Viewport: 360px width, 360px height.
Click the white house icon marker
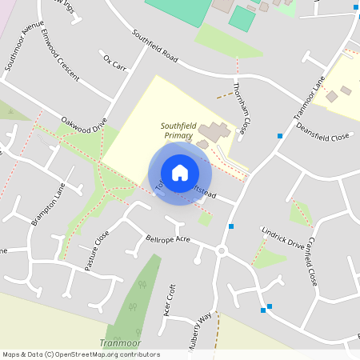point(180,173)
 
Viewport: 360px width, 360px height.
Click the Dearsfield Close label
point(322,131)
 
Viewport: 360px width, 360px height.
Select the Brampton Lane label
point(49,206)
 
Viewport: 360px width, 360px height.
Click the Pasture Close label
point(97,250)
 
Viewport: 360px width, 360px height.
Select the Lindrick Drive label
point(283,238)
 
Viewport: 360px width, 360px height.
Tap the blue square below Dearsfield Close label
point(279,136)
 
